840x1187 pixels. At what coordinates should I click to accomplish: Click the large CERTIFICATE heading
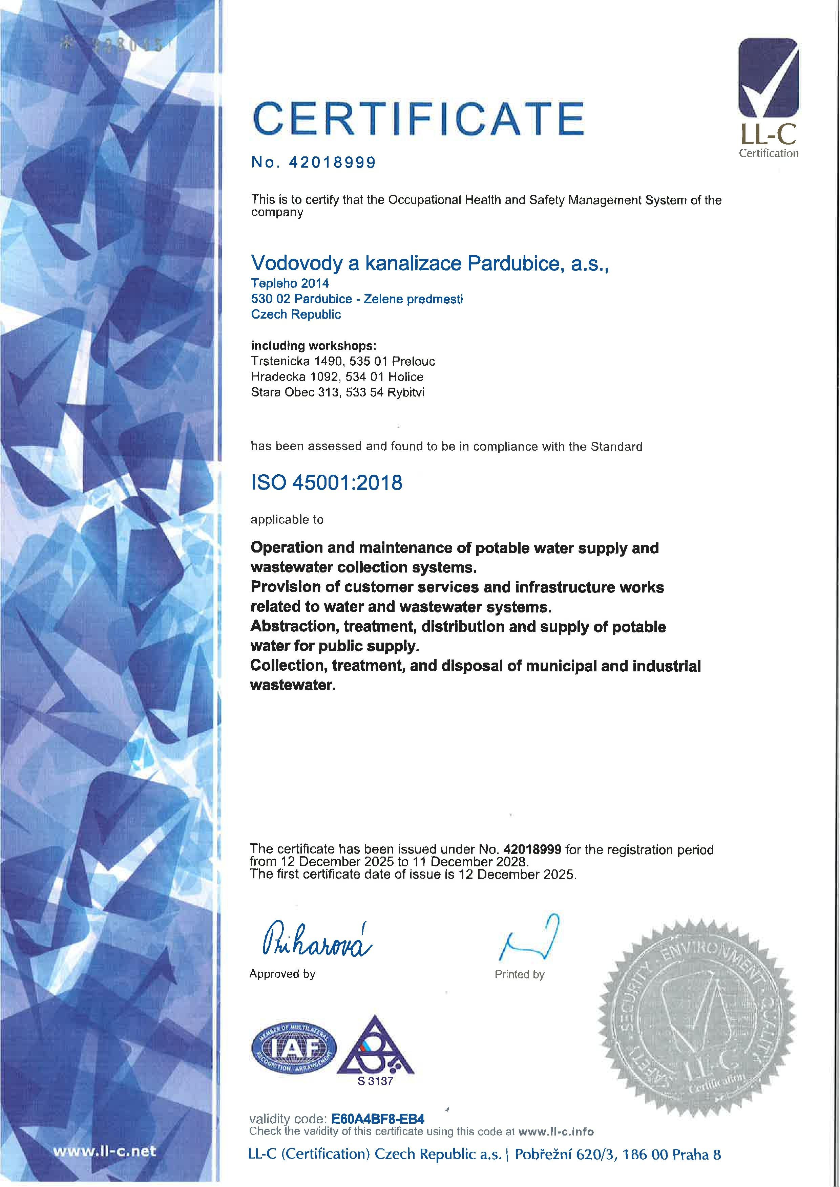[418, 118]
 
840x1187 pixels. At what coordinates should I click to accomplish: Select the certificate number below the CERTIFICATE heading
[332, 163]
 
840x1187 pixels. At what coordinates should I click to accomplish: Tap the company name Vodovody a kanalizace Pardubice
[429, 264]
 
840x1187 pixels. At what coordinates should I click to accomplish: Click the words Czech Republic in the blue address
[296, 314]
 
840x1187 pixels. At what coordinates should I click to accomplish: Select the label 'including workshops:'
[313, 345]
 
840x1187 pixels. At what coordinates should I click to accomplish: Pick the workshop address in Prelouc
[343, 361]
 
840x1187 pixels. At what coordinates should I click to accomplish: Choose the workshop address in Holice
[337, 376]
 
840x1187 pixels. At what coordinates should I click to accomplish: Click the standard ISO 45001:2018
[327, 482]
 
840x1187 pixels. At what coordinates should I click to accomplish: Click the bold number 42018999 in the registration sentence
[532, 849]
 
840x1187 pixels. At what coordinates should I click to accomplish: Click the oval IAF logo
[293, 1049]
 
